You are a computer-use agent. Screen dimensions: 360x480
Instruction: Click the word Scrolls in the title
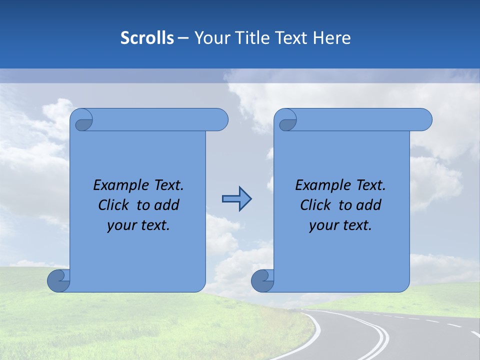pos(147,38)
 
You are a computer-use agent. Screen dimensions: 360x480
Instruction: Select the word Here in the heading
pos(332,38)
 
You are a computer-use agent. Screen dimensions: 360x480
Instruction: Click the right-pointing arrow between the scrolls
pos(236,199)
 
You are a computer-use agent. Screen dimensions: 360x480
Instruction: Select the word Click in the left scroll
pos(113,205)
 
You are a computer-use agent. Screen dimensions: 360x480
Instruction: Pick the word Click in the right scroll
pos(315,205)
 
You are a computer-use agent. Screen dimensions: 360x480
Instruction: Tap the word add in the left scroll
pos(167,205)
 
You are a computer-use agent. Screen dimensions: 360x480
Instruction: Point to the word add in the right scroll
pos(369,205)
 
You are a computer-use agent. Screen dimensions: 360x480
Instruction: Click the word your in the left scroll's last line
pos(120,225)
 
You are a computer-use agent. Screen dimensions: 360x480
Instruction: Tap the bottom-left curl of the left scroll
pos(58,280)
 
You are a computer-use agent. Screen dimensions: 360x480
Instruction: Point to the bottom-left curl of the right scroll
pos(262,280)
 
